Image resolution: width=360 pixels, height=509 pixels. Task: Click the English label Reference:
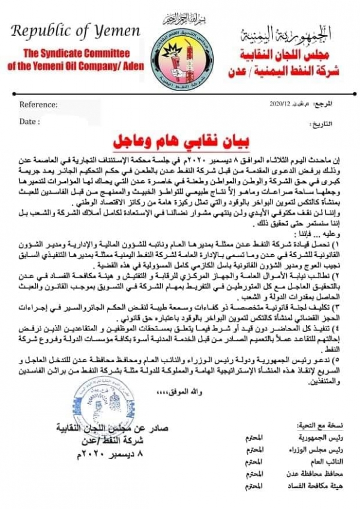point(39,104)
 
